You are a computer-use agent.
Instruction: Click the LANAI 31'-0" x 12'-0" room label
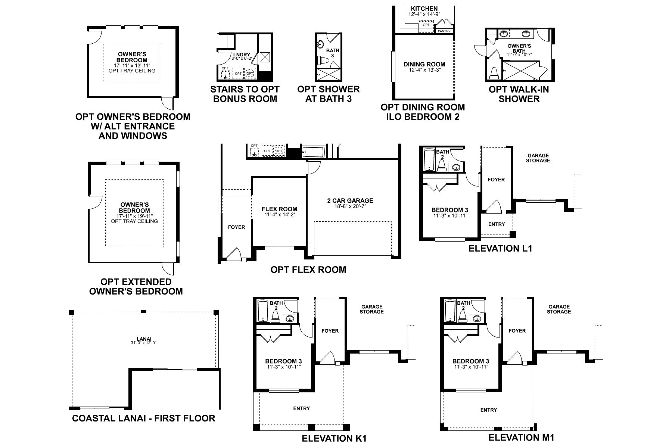[143, 340]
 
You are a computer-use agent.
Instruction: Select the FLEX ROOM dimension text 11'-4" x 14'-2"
[279, 215]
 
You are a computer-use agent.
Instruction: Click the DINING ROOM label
[424, 64]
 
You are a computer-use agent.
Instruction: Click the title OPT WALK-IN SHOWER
[519, 94]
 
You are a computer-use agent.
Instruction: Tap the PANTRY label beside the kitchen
[444, 31]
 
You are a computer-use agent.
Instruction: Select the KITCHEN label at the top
[424, 9]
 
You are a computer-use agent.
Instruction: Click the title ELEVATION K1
[334, 438]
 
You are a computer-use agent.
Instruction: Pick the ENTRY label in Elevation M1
[488, 410]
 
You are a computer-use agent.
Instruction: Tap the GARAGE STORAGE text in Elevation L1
[538, 158]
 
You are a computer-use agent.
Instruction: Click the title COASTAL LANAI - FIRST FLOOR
[143, 418]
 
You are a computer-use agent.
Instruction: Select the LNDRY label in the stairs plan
[242, 55]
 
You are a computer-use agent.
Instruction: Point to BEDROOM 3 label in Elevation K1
[283, 361]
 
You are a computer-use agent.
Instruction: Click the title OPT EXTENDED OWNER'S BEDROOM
[136, 286]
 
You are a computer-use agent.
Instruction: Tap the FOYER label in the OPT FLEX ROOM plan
[236, 227]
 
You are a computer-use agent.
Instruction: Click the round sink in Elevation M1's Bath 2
[477, 318]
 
